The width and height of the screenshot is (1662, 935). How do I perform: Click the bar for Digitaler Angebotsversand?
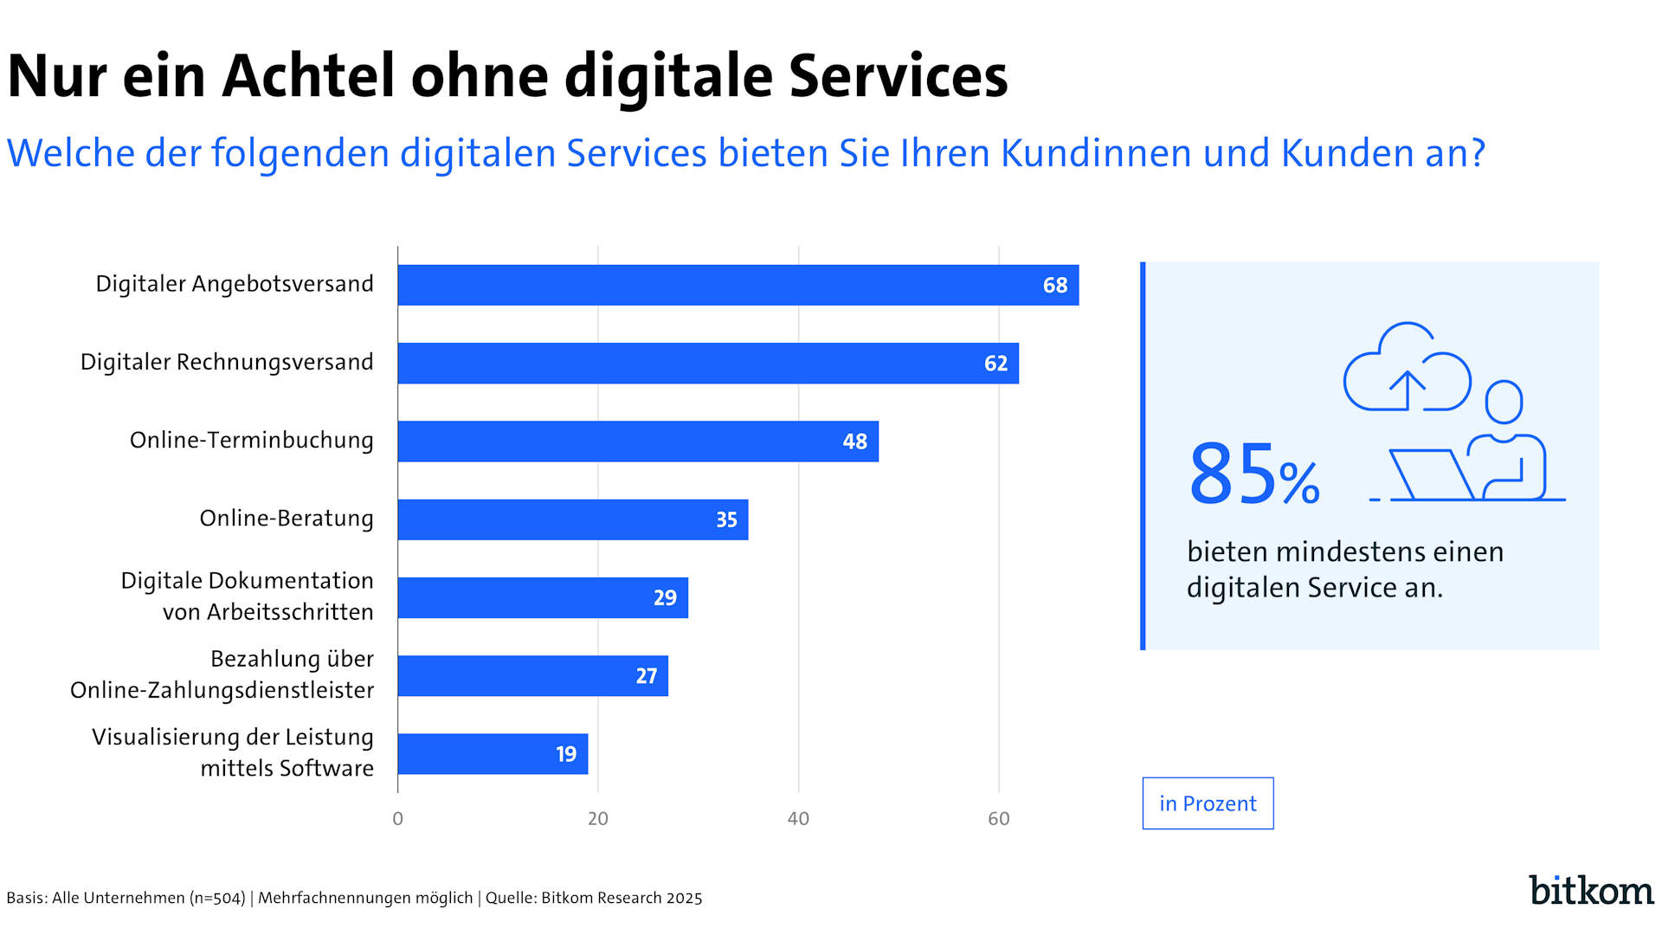click(738, 285)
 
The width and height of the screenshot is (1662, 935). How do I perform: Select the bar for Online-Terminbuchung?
click(638, 442)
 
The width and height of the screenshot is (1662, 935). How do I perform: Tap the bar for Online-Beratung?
click(572, 519)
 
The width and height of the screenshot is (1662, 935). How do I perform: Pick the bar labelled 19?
click(493, 754)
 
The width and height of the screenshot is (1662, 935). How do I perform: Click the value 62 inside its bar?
click(995, 364)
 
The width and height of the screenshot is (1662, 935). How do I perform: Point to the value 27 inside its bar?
click(646, 676)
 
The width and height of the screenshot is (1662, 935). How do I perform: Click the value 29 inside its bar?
click(665, 598)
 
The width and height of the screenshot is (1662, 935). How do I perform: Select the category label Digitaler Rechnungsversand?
click(227, 362)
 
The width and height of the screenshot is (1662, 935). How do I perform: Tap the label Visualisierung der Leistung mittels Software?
click(233, 752)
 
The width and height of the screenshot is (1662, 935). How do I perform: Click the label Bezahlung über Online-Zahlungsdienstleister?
click(222, 674)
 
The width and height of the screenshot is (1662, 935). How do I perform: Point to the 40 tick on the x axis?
click(798, 819)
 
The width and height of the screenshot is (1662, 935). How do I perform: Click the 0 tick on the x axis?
click(397, 819)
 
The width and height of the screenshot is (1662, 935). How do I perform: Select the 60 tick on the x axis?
click(998, 819)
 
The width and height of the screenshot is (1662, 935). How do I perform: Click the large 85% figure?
click(1253, 474)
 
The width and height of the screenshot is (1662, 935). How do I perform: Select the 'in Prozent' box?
click(1208, 803)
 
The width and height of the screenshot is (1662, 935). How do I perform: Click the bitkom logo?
click(1591, 890)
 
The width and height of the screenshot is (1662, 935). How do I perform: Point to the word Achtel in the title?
click(308, 76)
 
